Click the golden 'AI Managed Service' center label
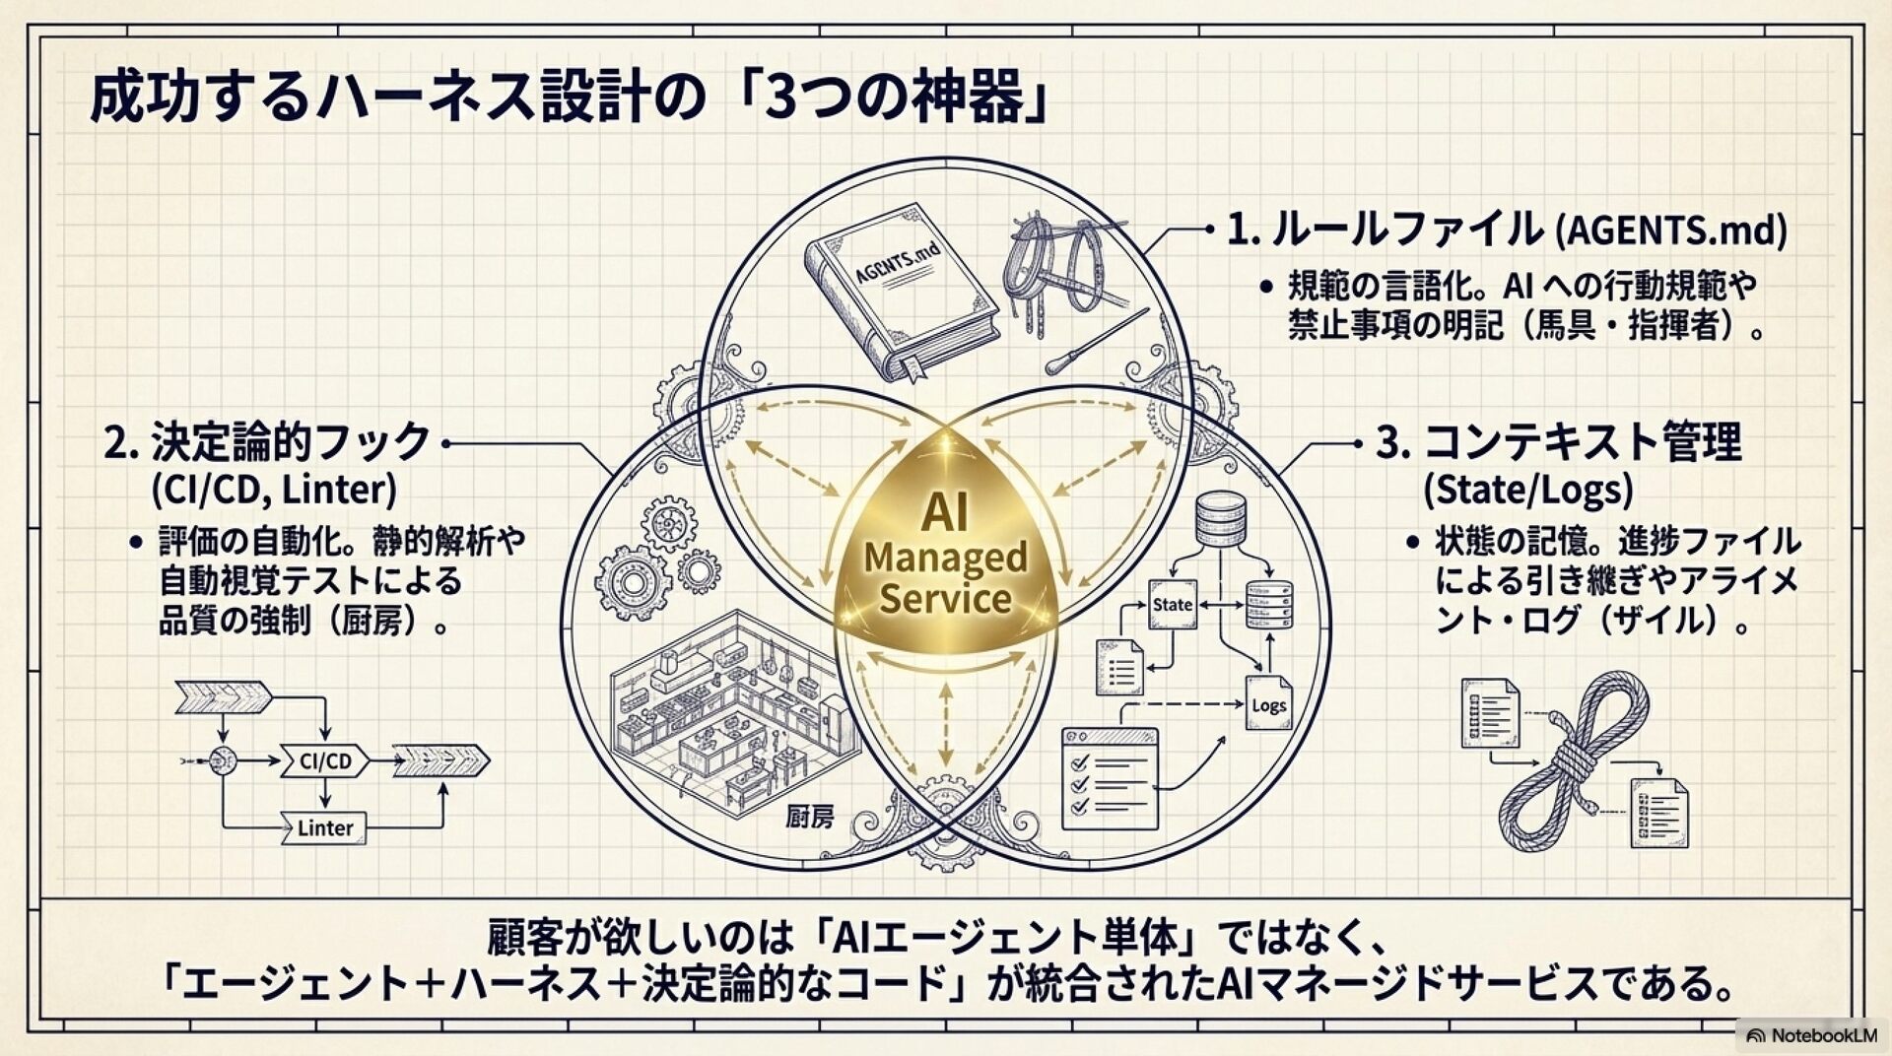(x=945, y=557)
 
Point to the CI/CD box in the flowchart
(x=325, y=760)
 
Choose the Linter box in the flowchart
(x=324, y=827)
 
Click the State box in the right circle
(x=1172, y=604)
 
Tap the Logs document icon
(x=1267, y=701)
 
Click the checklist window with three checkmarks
(x=1110, y=779)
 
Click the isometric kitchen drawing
(x=729, y=709)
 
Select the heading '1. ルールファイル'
(x=1385, y=230)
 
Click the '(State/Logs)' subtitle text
(x=1527, y=490)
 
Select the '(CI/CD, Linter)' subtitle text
(x=274, y=490)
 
